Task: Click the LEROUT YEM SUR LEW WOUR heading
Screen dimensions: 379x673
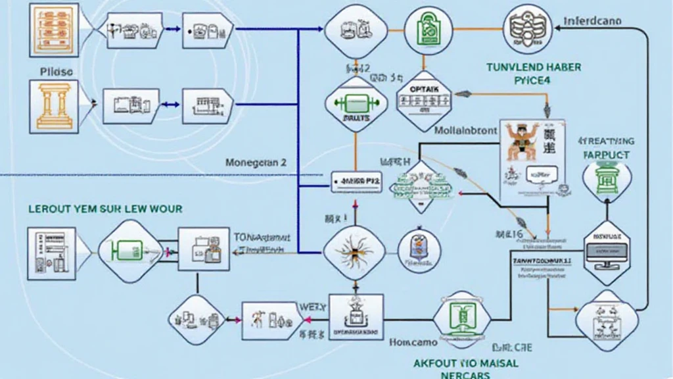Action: [106, 209]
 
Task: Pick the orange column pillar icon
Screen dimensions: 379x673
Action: [55, 105]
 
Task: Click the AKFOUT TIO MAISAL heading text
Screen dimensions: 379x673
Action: [466, 363]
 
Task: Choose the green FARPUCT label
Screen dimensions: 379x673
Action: [606, 155]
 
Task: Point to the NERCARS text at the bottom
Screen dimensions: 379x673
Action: [465, 375]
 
